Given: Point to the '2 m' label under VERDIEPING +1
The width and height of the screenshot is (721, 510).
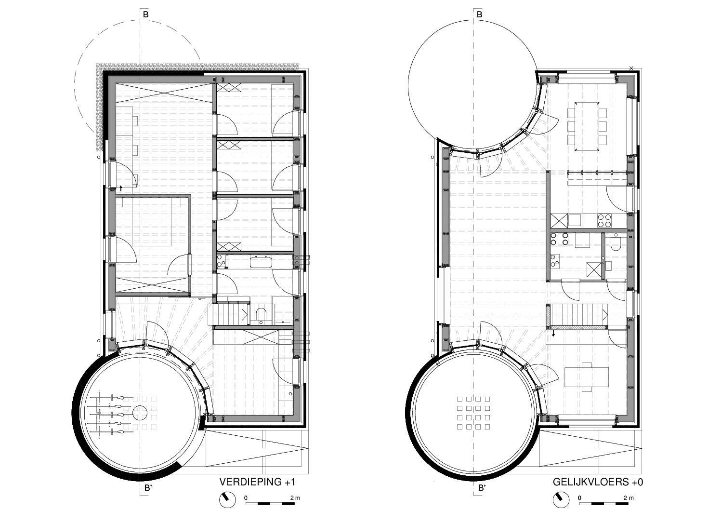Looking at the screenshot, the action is (x=295, y=498).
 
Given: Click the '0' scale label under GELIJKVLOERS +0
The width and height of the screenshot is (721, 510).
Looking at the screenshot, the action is (x=579, y=498).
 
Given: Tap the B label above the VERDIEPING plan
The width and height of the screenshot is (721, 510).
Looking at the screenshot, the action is (x=145, y=14).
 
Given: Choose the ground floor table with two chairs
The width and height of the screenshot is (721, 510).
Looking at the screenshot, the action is (x=587, y=377).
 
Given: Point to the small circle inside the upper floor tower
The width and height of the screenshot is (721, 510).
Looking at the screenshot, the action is (x=140, y=413).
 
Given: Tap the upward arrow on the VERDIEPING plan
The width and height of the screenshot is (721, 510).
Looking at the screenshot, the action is (x=121, y=188).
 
